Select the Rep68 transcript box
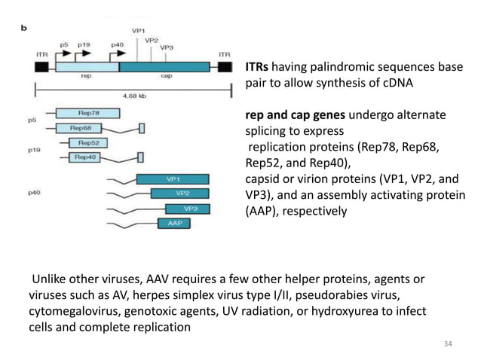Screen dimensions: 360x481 point(84,128)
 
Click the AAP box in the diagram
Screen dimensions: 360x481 point(173,223)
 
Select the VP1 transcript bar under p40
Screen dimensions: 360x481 point(173,179)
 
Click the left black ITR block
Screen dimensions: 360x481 point(41,67)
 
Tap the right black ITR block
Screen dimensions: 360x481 point(225,67)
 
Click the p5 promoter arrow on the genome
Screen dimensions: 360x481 point(66,53)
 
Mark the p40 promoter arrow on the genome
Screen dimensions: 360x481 point(119,53)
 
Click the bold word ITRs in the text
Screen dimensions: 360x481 point(259,67)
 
